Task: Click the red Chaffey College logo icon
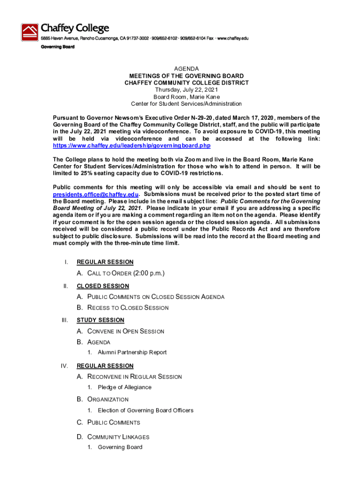[30, 32]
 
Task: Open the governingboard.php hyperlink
[129, 145]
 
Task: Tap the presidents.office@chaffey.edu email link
[96, 194]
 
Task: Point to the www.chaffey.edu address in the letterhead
[232, 38]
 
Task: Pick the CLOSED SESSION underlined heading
[103, 286]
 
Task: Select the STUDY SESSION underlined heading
[101, 320]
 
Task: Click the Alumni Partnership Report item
[132, 352]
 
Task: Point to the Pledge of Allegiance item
[124, 387]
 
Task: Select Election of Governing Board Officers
[145, 410]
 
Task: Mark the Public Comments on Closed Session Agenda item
[156, 297]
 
